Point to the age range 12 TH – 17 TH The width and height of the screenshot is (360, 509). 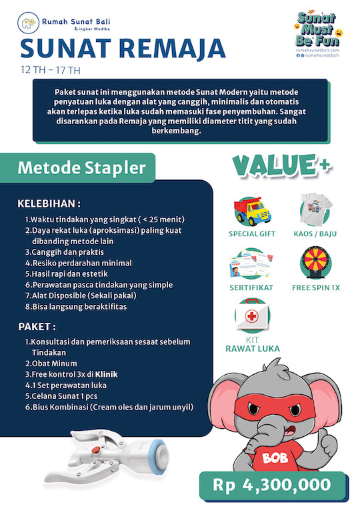(50, 69)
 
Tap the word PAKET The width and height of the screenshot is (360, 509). (37, 327)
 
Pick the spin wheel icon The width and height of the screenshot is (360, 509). (315, 264)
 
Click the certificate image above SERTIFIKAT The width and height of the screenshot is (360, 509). (253, 265)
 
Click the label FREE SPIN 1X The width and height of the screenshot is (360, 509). (315, 288)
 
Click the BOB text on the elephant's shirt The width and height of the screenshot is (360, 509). (273, 458)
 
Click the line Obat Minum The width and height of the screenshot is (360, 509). (52, 364)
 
